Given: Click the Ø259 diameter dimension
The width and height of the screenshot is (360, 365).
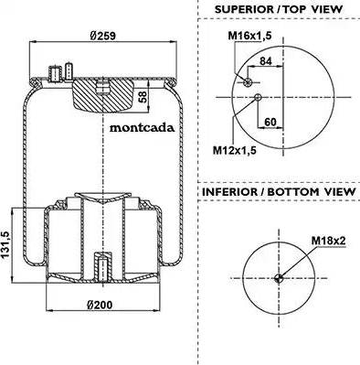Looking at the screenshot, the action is click(x=102, y=36).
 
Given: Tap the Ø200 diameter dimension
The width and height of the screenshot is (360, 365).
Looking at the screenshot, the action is click(x=100, y=305).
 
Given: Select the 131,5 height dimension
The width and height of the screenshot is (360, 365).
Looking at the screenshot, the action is click(x=6, y=245).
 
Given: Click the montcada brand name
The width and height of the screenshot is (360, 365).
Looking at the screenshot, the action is click(x=142, y=127).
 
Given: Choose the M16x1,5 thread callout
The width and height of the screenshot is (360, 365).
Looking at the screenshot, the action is click(x=249, y=36).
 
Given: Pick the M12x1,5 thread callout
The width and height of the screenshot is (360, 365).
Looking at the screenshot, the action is click(x=235, y=150).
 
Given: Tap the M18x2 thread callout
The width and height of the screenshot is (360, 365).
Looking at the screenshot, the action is click(x=328, y=241).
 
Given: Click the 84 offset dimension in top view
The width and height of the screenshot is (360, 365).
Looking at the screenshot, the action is click(x=265, y=61).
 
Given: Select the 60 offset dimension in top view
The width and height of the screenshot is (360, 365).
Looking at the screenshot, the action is click(x=270, y=122).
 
